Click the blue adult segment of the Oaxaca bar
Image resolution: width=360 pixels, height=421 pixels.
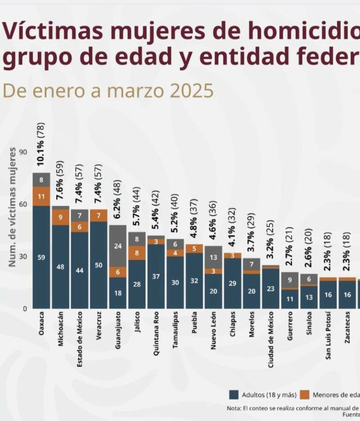[41, 257]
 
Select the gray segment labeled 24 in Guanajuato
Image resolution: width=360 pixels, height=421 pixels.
[118, 246]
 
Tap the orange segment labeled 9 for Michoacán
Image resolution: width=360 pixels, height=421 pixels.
[60, 217]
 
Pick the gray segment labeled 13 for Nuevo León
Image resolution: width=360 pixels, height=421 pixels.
[213, 257]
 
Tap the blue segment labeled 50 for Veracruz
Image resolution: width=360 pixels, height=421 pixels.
[98, 265]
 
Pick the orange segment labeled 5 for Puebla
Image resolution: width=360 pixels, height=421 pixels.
[195, 249]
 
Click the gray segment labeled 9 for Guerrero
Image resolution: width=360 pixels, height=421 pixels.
[290, 280]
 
